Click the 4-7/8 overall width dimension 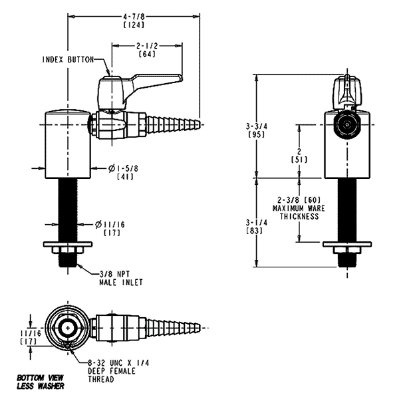point(134,17)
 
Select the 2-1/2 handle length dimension point(147,46)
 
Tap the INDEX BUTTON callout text point(68,60)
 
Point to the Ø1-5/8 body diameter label point(123,168)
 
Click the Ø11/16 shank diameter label point(110,225)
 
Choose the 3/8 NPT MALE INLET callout point(121,278)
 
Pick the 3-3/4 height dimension point(257,126)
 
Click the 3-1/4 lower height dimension point(257,223)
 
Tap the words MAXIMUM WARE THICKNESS point(299,213)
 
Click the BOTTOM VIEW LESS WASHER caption point(41,382)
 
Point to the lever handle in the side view point(140,89)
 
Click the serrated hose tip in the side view point(172,124)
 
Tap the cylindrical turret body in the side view point(68,144)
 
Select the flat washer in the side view point(68,244)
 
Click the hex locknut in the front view point(347,251)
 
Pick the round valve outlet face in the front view point(347,125)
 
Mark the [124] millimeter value point(134,25)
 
